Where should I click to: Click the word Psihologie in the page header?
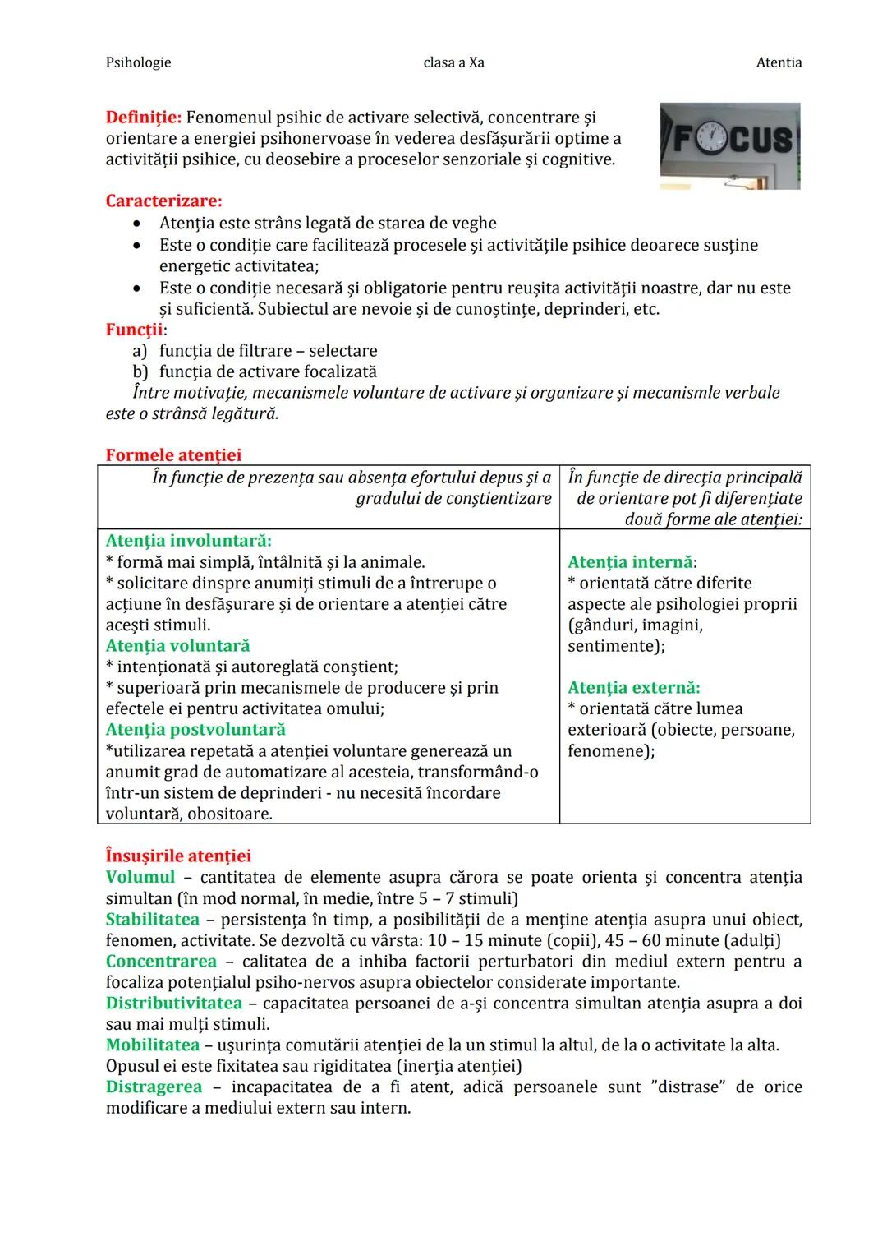[x=138, y=62]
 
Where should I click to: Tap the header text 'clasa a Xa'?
[x=453, y=62]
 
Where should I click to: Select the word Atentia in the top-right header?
[x=779, y=62]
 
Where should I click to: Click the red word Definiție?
[x=143, y=118]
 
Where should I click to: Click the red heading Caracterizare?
[x=163, y=201]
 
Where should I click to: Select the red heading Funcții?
[x=135, y=330]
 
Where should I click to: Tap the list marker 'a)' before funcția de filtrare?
[x=140, y=351]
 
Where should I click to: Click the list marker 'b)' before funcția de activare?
[x=140, y=371]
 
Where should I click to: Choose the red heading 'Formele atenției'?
[x=173, y=455]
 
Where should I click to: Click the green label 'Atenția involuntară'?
[x=188, y=541]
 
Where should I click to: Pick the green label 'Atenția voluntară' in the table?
[x=177, y=646]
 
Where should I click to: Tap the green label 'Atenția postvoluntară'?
[x=195, y=730]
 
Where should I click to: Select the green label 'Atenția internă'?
[x=631, y=562]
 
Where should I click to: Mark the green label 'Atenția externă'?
[x=633, y=688]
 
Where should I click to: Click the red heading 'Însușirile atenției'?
[x=178, y=856]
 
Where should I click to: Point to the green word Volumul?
[x=140, y=878]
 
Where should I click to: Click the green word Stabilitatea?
[x=153, y=920]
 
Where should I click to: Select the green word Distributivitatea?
[x=174, y=1004]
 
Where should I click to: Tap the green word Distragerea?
[x=154, y=1087]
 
